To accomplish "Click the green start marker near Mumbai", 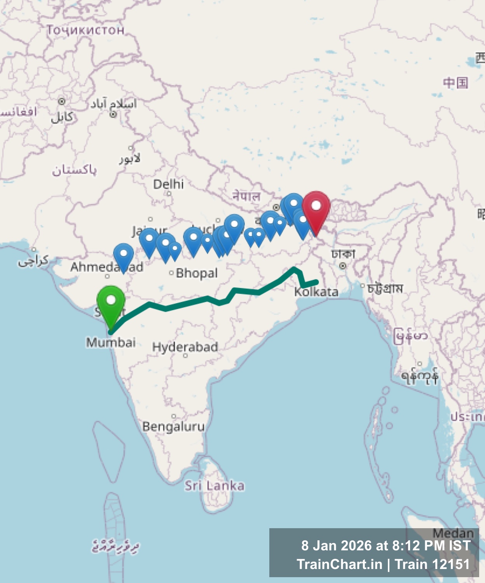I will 111,301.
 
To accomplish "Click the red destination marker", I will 316,206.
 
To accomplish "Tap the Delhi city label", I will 168,184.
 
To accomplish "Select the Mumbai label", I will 111,342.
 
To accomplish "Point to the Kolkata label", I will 316,292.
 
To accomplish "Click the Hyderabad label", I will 185,347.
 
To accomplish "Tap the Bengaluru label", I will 173,426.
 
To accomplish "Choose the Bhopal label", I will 197,273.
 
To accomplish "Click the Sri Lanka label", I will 214,485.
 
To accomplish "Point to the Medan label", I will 453,533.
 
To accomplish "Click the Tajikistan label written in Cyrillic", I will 85,30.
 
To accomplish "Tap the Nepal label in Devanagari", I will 246,196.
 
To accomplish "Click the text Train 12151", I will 432,564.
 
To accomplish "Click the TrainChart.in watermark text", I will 339,564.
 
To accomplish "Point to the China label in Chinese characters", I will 455,83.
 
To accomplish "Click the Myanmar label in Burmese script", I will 410,336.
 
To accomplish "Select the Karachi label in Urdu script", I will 34,261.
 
